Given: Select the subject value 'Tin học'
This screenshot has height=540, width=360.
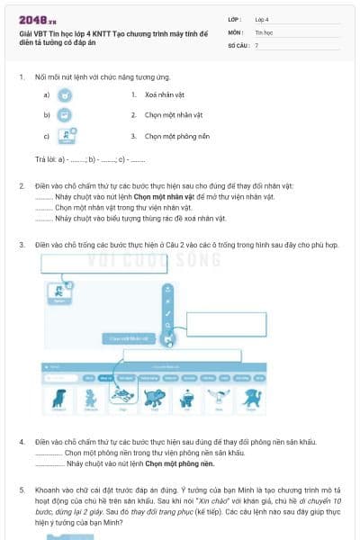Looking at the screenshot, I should [264, 31].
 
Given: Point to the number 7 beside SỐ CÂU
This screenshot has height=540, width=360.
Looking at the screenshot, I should [256, 44].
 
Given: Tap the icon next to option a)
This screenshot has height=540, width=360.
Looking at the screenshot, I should [65, 94].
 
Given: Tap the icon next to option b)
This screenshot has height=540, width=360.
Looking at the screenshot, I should [65, 115].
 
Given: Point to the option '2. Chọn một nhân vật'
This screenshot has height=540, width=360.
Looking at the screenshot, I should [164, 115].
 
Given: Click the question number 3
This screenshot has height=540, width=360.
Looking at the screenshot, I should [22, 244].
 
